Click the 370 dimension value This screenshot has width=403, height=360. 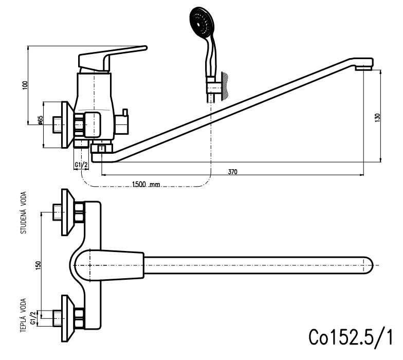tap(232, 172)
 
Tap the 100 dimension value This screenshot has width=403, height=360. tap(25, 85)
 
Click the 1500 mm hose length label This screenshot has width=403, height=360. tap(146, 185)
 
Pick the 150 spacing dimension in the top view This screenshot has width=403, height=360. tap(38, 265)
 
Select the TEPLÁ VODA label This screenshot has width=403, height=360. tap(23, 315)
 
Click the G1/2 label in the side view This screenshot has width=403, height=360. tap(81, 165)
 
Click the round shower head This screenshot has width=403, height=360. tap(200, 23)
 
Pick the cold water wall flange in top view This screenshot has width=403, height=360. tap(66, 212)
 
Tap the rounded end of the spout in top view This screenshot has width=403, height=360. tap(367, 265)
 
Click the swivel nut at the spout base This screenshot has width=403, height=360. tap(101, 149)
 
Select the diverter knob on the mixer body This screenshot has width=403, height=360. tap(123, 123)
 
